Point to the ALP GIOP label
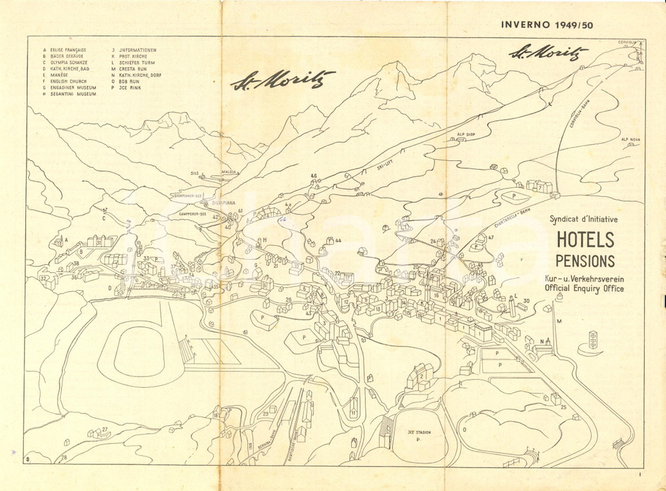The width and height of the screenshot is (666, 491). (466, 134)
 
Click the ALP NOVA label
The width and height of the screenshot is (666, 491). (630, 140)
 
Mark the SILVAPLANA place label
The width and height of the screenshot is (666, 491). (224, 202)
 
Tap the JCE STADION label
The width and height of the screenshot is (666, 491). (419, 432)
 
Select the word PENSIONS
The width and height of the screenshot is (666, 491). (585, 260)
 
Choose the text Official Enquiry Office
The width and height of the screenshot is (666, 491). (584, 289)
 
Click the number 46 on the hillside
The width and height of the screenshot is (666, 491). (314, 176)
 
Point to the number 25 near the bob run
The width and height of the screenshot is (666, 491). (563, 407)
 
